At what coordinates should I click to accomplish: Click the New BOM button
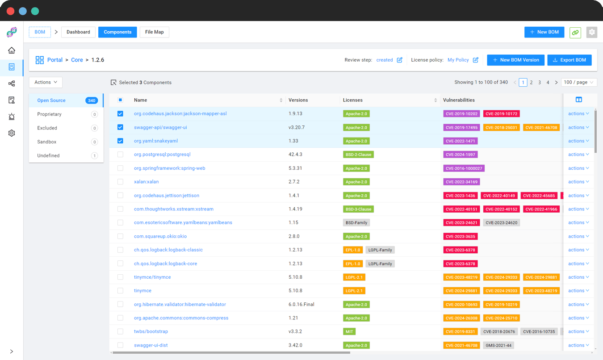click(544, 32)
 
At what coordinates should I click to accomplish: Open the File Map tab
click(155, 32)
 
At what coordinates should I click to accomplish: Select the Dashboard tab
click(78, 32)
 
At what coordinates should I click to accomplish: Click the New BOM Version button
click(515, 60)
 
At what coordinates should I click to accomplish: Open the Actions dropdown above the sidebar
click(46, 82)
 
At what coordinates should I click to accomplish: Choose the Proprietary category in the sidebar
click(50, 114)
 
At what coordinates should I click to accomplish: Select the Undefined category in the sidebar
click(48, 155)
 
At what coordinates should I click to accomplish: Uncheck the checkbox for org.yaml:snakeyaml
click(120, 141)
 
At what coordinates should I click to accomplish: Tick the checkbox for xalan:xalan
click(120, 182)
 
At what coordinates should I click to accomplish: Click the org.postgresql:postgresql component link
click(162, 155)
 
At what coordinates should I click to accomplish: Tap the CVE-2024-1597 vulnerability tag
click(460, 155)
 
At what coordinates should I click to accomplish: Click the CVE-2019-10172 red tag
click(501, 114)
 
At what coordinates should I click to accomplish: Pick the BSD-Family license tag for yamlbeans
click(356, 222)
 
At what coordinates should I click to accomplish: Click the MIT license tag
click(349, 331)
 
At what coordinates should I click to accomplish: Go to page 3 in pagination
click(540, 82)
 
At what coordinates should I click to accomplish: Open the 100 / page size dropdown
click(578, 82)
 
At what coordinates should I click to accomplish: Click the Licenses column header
click(353, 100)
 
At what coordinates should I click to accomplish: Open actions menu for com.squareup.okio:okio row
click(578, 236)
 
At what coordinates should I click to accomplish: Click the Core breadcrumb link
click(77, 60)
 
